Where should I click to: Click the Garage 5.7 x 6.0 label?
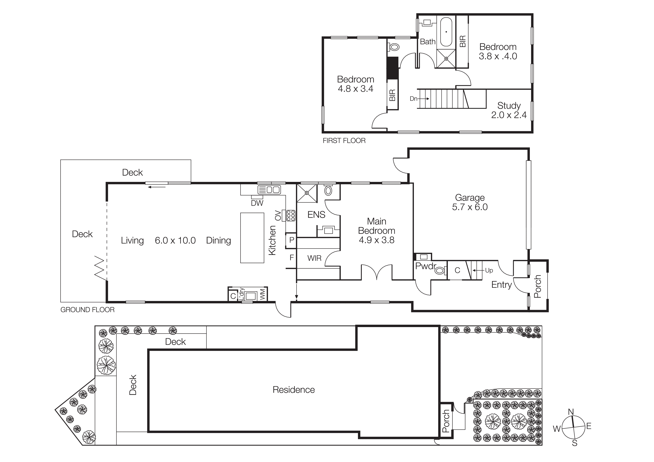click(470, 202)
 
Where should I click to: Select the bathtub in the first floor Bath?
click(446, 32)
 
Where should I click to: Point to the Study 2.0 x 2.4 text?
click(509, 110)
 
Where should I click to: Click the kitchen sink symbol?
click(269, 190)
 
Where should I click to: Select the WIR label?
click(314, 258)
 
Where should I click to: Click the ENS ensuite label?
click(316, 215)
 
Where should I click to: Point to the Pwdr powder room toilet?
click(440, 270)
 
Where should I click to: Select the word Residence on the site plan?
click(294, 390)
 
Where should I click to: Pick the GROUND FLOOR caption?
click(87, 310)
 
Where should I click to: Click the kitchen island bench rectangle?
click(252, 238)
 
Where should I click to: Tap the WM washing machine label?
click(262, 294)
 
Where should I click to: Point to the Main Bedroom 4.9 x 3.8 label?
click(377, 231)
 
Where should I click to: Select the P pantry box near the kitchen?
click(291, 240)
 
